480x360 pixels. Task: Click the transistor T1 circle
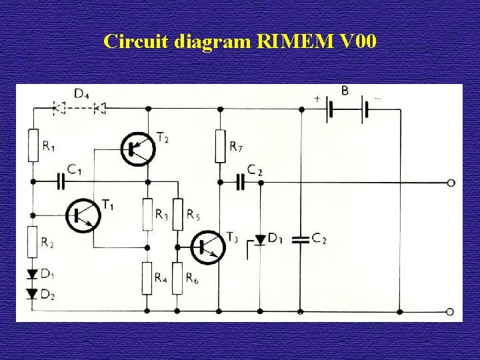[83, 214]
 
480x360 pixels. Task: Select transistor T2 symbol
[138, 148]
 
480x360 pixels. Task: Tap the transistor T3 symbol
[207, 247]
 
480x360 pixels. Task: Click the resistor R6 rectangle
[177, 278]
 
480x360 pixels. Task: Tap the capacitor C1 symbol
[61, 181]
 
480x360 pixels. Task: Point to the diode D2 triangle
[32, 294]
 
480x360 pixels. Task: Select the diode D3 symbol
[261, 239]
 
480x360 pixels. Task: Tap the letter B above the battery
[345, 91]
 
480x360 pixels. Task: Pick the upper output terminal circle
[451, 182]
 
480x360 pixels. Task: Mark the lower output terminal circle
[451, 311]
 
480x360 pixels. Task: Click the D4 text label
[82, 94]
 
